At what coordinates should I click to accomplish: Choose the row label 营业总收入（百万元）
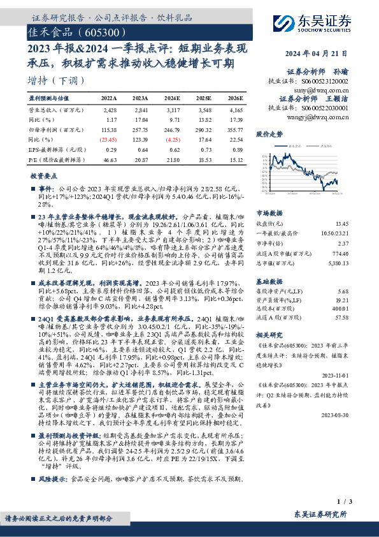(x=54, y=110)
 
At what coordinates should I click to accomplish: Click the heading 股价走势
(x=269, y=135)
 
